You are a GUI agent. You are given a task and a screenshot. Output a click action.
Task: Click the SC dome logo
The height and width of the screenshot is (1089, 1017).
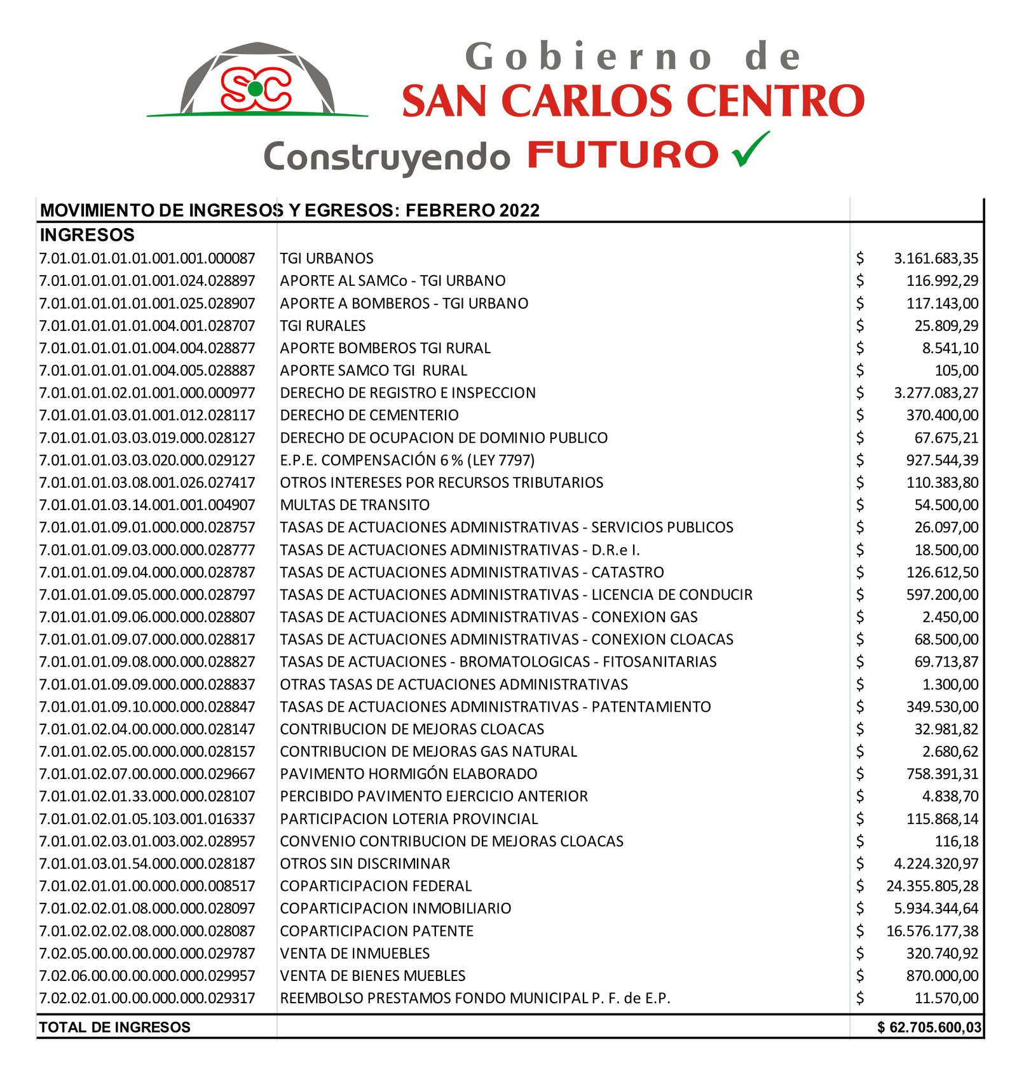(x=257, y=81)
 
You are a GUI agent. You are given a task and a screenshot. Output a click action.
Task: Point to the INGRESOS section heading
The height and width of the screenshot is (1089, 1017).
(x=87, y=235)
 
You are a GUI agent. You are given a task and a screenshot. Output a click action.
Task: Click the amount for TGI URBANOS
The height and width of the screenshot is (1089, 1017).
(x=936, y=259)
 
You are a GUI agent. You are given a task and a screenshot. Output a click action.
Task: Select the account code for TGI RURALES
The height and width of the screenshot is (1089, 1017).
(x=147, y=326)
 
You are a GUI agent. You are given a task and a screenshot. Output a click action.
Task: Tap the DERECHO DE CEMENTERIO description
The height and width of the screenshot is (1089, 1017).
(x=369, y=416)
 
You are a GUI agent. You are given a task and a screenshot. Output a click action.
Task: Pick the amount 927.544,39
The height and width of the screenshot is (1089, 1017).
(x=942, y=460)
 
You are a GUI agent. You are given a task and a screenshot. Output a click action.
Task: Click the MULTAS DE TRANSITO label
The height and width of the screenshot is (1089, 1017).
(x=355, y=505)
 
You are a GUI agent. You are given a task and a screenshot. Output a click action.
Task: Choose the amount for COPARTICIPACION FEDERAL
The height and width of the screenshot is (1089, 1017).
(x=932, y=886)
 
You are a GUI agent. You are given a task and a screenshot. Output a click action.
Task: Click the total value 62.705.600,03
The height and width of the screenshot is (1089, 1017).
(x=935, y=1027)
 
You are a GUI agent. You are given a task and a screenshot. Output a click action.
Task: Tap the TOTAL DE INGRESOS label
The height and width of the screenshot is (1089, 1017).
(x=114, y=1027)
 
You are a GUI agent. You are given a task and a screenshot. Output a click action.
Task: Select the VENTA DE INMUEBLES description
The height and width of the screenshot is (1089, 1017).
(x=355, y=953)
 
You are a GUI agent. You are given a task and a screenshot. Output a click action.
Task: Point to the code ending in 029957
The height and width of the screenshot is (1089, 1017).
(x=147, y=976)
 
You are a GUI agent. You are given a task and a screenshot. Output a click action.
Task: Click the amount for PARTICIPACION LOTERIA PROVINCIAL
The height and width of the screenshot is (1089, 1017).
(x=942, y=819)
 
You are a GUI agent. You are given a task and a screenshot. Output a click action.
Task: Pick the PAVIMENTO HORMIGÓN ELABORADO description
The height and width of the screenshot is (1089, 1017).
(x=409, y=774)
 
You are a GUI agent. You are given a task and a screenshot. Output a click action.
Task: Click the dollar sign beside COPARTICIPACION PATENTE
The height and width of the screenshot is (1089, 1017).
(x=860, y=931)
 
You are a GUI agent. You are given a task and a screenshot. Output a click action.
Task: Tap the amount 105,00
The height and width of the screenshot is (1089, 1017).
(x=957, y=370)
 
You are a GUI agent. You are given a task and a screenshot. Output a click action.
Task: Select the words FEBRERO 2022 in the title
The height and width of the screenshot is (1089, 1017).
(x=472, y=210)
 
